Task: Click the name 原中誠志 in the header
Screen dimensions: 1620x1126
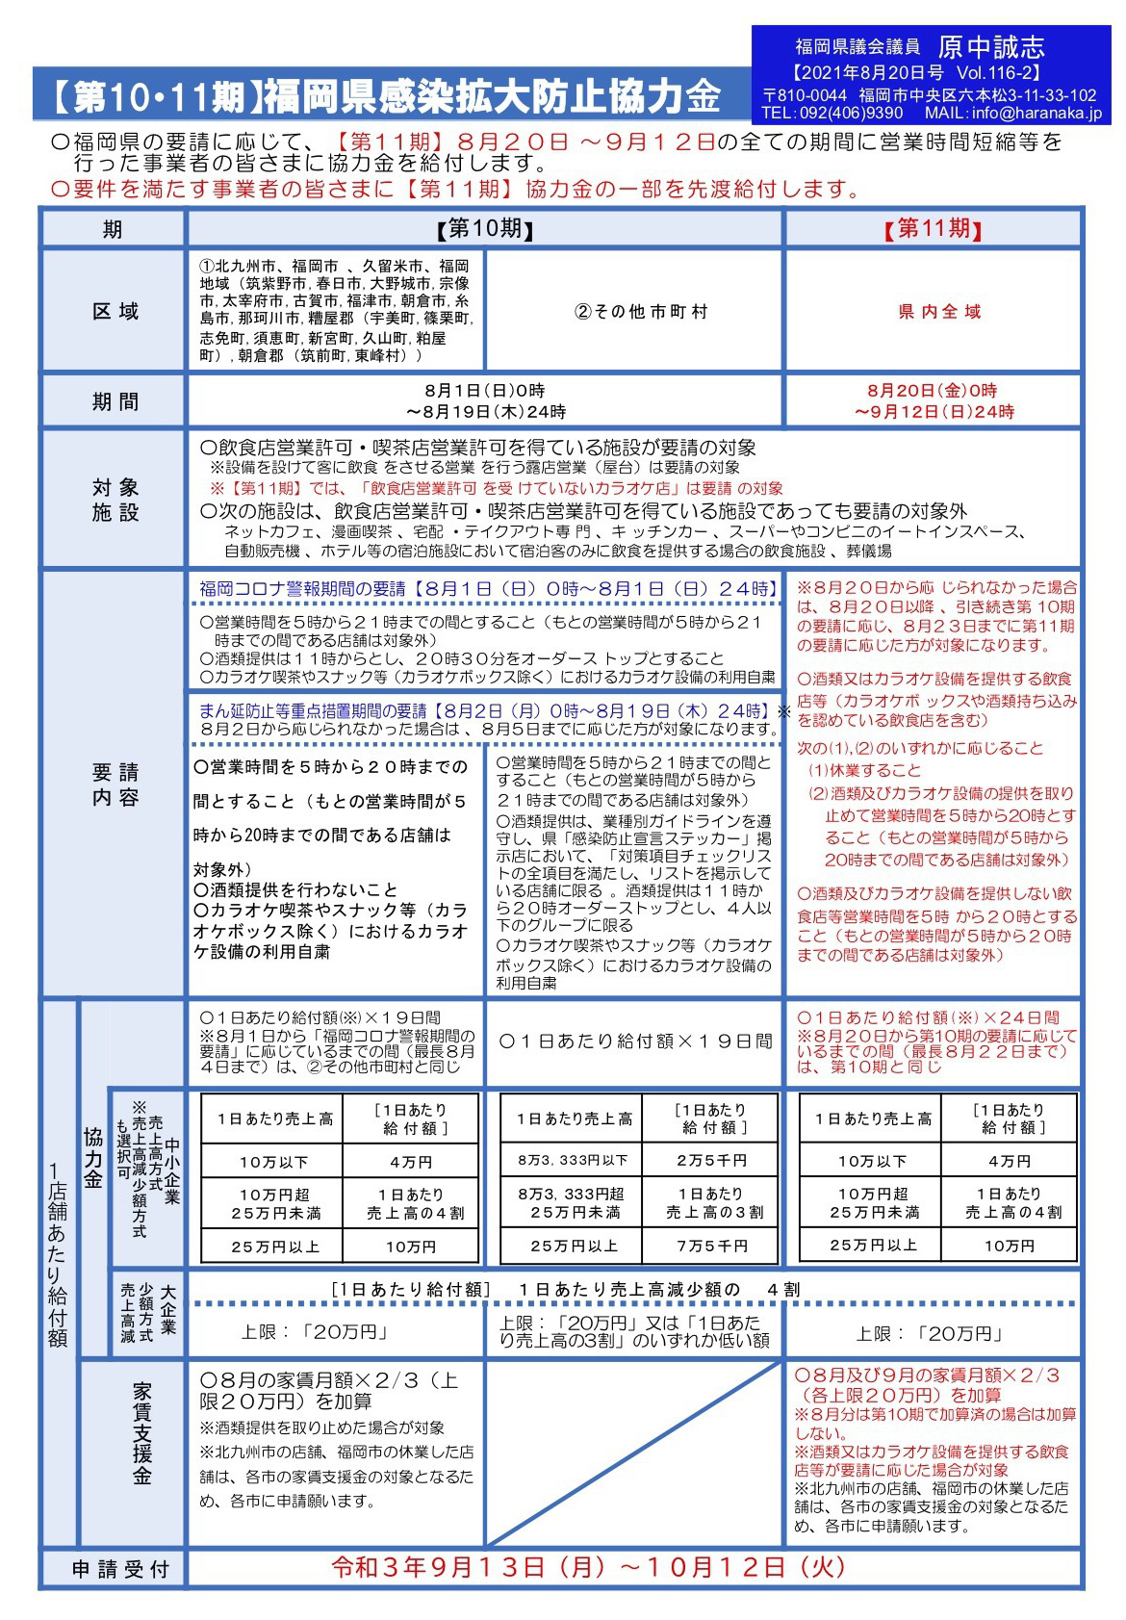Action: coord(991,46)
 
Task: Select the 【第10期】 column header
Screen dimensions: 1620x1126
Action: coord(485,229)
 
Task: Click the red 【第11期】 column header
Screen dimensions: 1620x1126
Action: coord(933,229)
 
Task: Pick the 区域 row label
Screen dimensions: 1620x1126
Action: coord(115,311)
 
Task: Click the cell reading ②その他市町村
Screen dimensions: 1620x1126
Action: coord(640,311)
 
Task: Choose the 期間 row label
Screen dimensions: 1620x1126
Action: coord(115,401)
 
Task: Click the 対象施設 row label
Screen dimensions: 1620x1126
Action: coord(115,500)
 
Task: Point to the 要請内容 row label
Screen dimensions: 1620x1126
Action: coord(115,784)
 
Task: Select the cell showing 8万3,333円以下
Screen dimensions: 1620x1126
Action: coord(573,1161)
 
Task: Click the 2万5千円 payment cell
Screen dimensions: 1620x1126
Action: coord(711,1161)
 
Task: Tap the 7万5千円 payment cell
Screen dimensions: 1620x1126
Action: coord(711,1246)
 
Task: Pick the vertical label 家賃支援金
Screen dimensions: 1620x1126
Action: coord(141,1433)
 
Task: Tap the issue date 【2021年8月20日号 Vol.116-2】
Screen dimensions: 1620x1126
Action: coord(917,73)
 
